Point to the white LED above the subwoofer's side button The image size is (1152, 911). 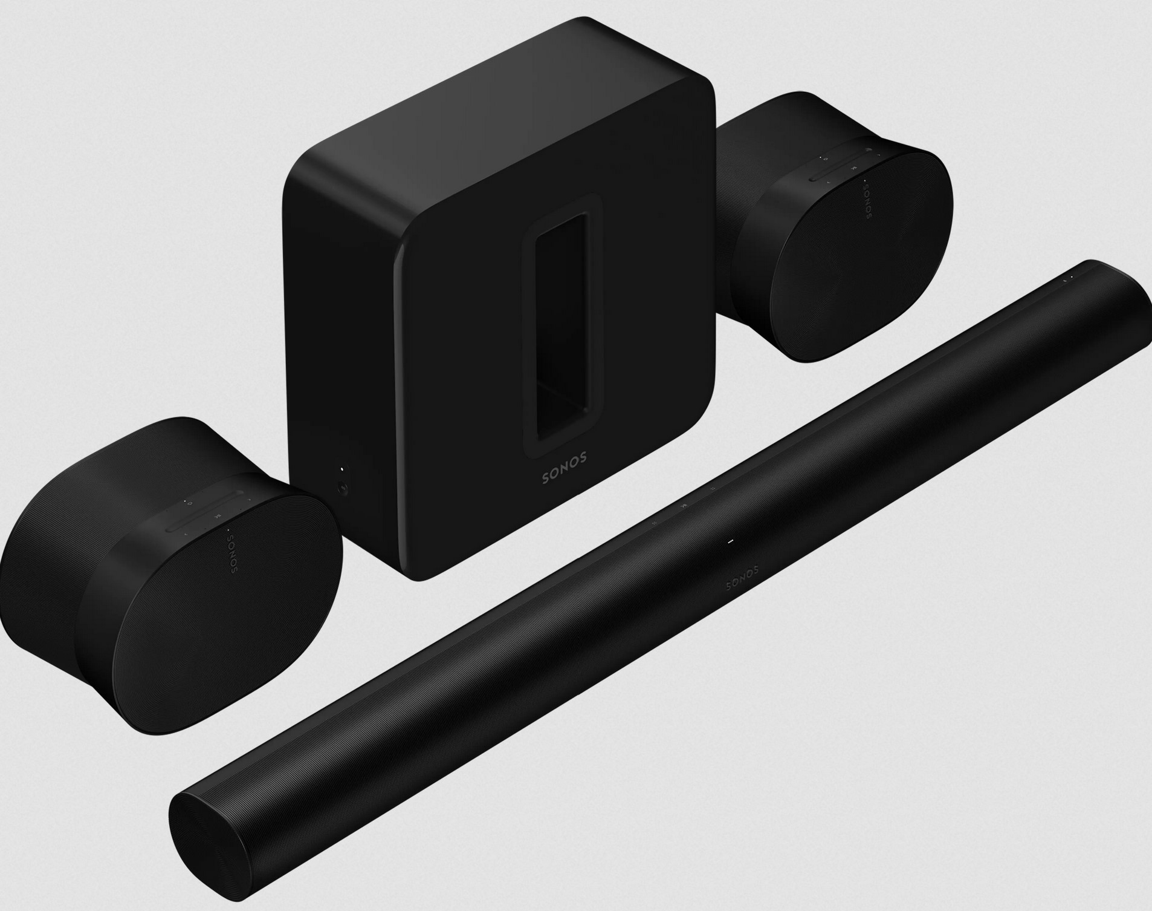coord(341,469)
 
